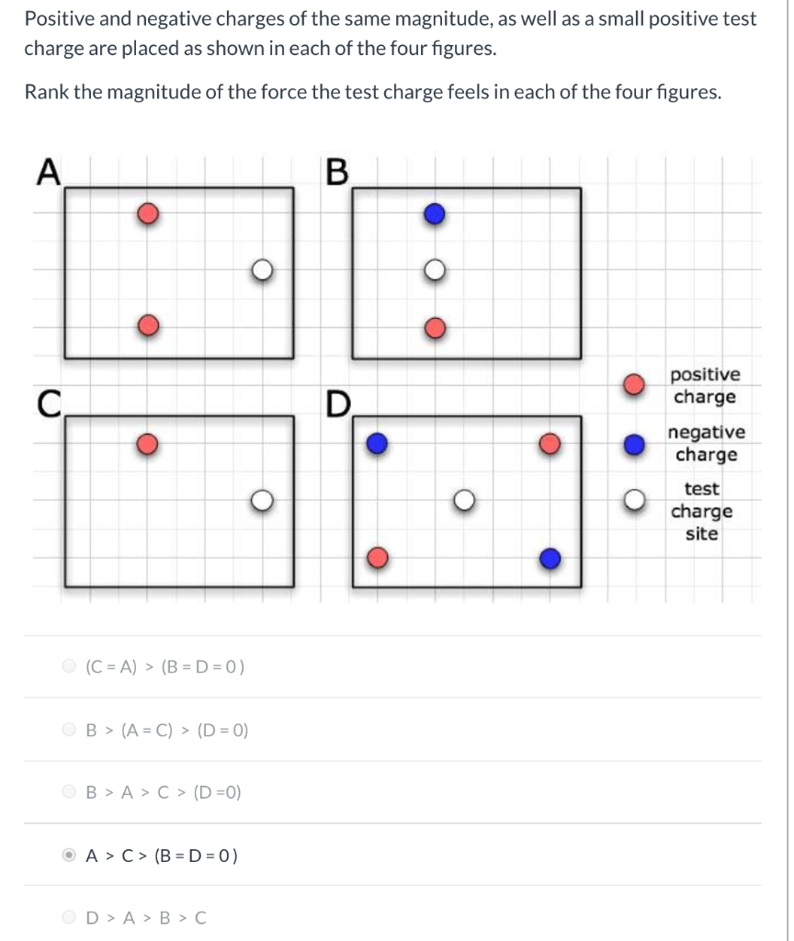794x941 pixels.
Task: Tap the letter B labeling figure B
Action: (x=337, y=172)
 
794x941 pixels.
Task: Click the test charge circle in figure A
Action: (x=263, y=269)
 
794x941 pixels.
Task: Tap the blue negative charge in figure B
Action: (x=435, y=214)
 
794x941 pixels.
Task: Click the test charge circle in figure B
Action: (x=435, y=269)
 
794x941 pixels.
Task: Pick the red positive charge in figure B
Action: (x=435, y=327)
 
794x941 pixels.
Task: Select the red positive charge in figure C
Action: (x=148, y=445)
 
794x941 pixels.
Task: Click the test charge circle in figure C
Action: (x=263, y=500)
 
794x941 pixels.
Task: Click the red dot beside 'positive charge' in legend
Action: (x=631, y=386)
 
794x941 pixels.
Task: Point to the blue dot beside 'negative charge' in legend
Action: (x=631, y=444)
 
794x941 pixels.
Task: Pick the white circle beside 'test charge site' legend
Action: (x=631, y=501)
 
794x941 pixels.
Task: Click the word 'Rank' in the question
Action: (x=46, y=93)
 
